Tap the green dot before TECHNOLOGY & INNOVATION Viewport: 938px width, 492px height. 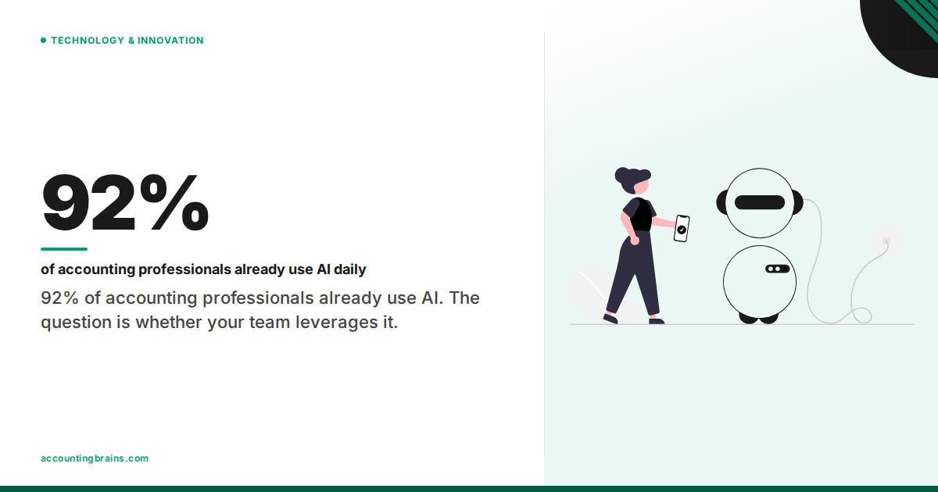click(44, 41)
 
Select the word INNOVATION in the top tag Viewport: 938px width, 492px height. click(170, 41)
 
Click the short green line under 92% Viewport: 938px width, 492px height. click(64, 249)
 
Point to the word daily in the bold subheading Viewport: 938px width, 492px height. click(351, 270)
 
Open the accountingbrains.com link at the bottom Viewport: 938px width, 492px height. click(95, 458)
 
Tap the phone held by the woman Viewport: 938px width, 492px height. click(682, 228)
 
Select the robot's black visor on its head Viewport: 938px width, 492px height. click(760, 202)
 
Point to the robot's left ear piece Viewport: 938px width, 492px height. click(721, 202)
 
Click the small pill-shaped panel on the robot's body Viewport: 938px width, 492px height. click(777, 269)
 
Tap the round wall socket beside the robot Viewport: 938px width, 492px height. click(886, 241)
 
